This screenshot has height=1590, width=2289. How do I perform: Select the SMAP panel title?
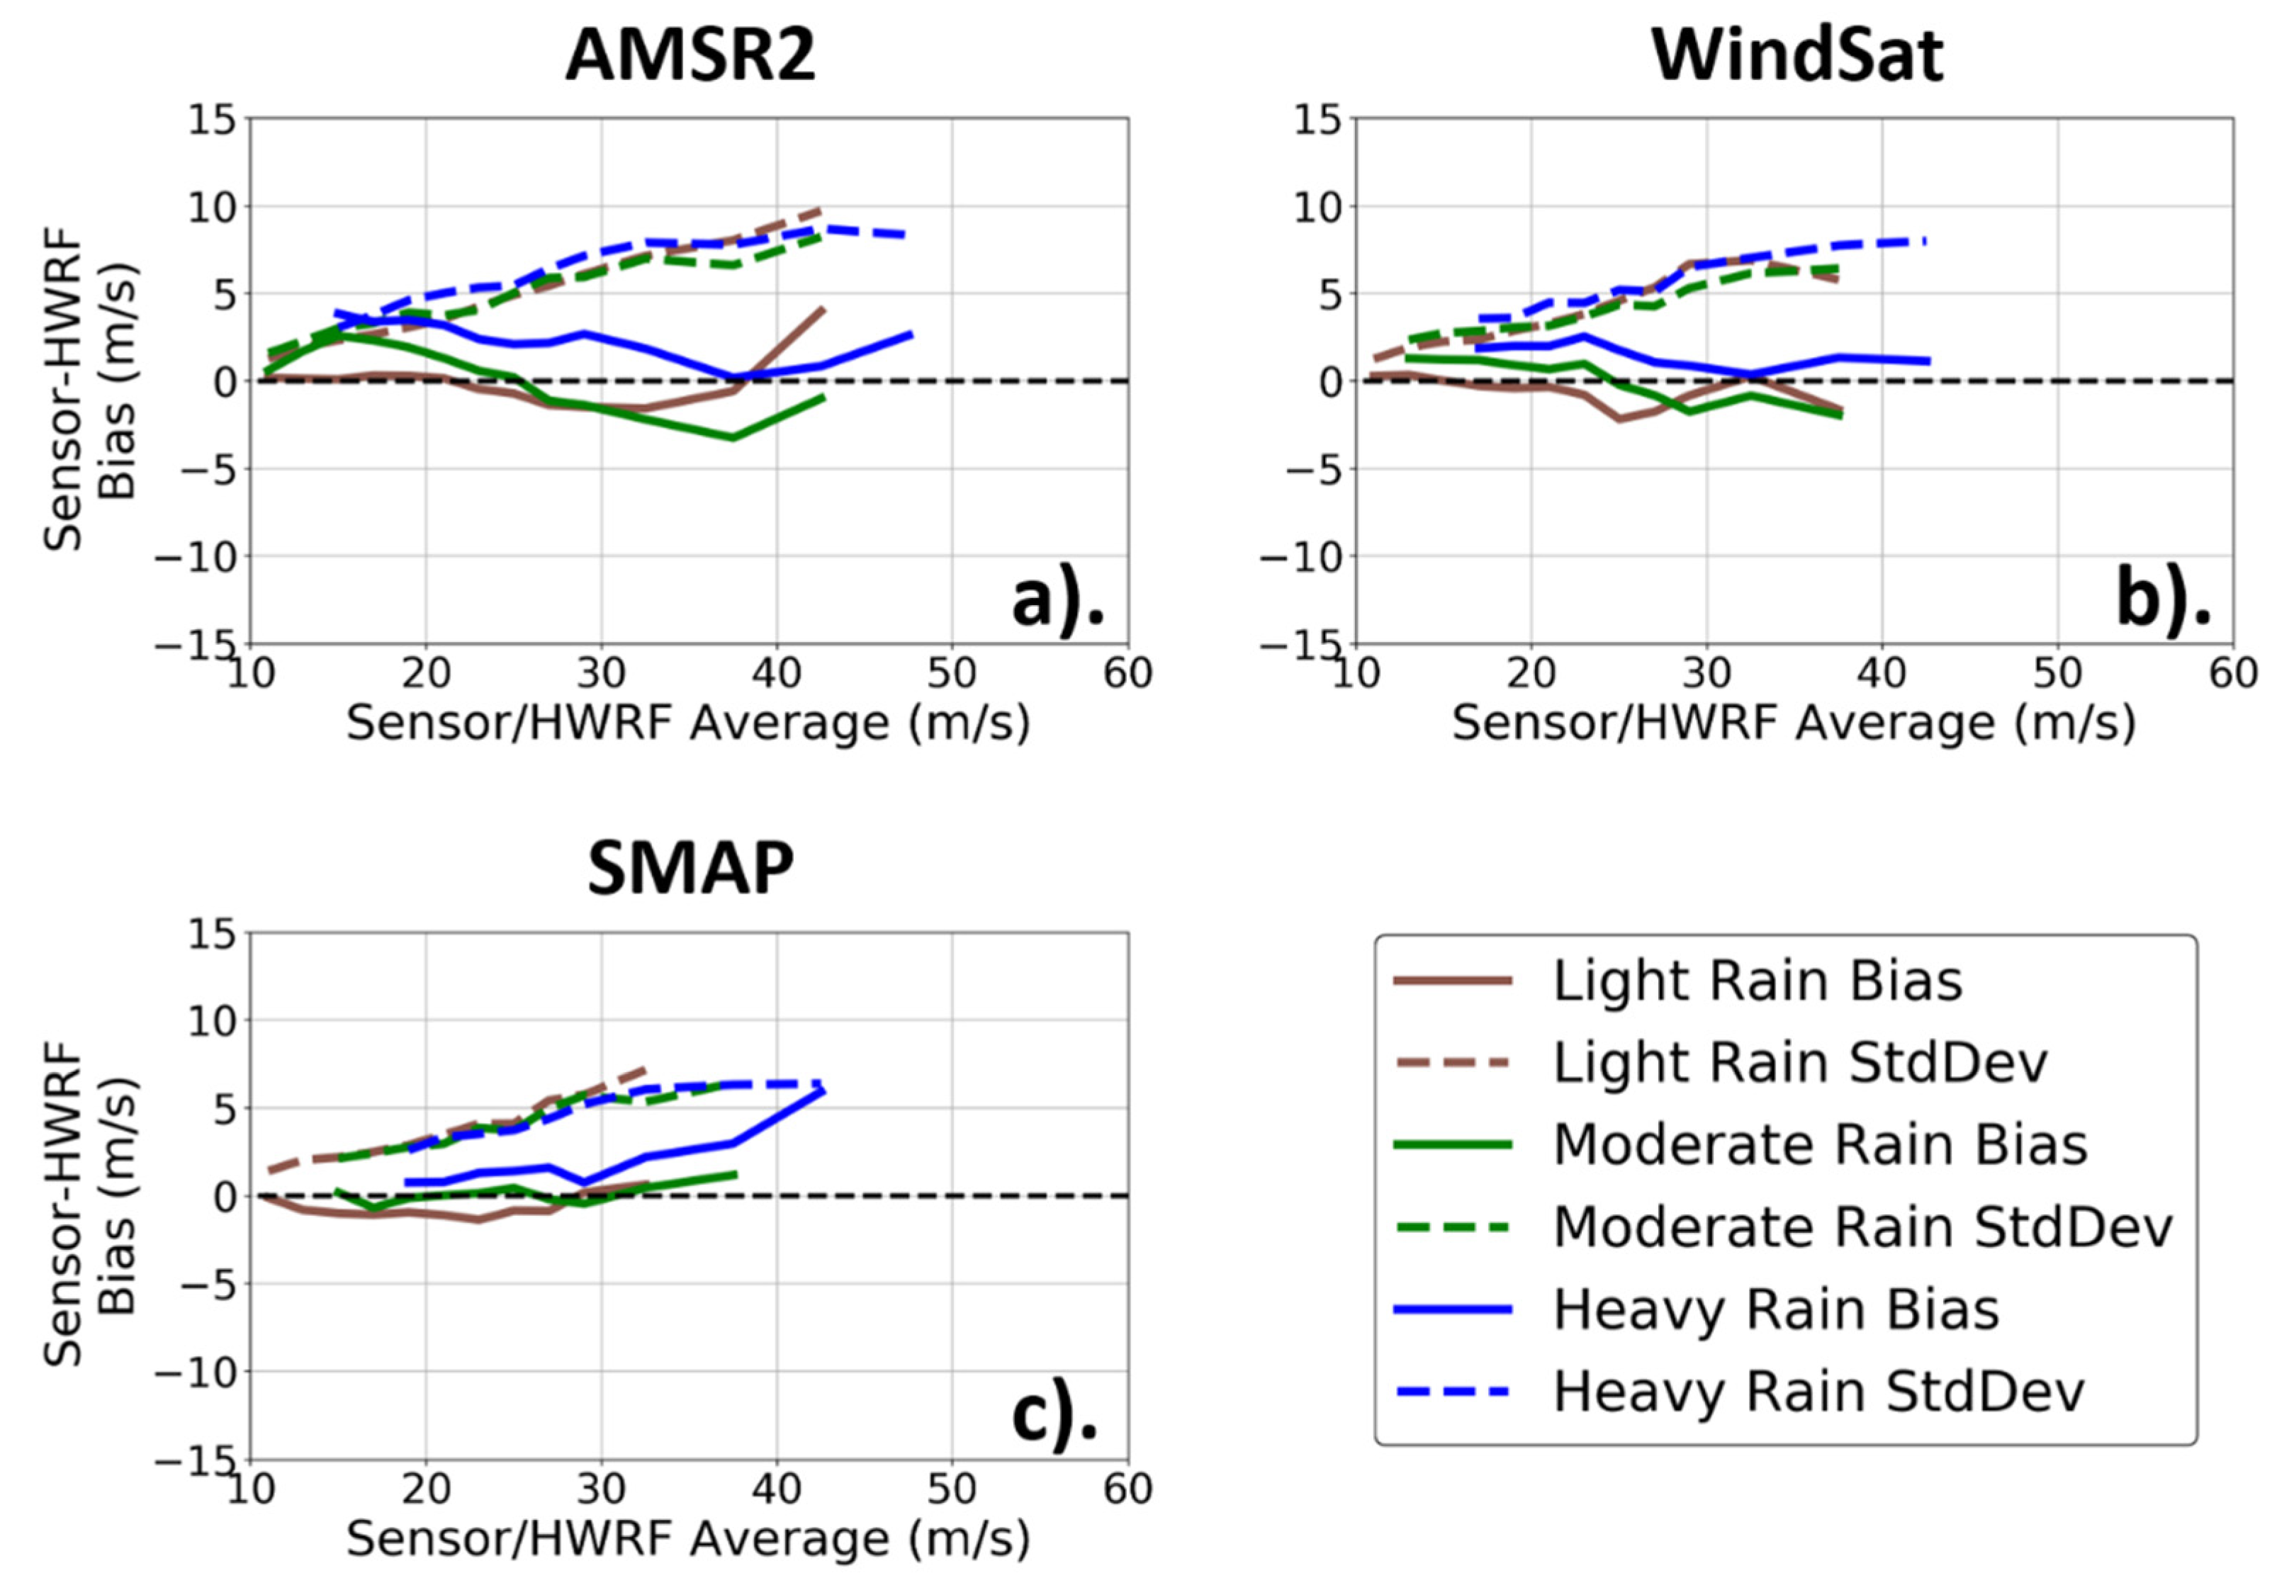tap(690, 869)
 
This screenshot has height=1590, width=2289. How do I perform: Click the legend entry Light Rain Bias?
tap(1757, 981)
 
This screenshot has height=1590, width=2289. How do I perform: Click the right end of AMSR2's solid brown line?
tap(824, 309)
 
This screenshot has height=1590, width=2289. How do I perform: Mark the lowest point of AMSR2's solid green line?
tap(734, 436)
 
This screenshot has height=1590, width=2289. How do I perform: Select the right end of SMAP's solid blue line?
tap(824, 1091)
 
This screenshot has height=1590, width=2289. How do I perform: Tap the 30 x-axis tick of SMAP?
tap(601, 1489)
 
